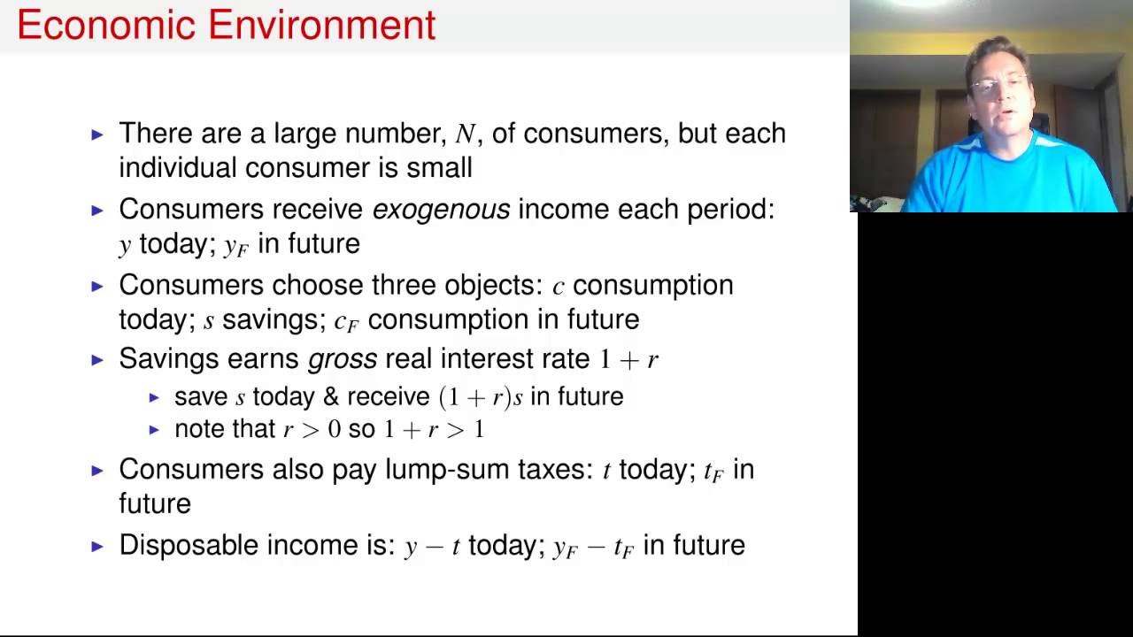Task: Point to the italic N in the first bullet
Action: pyautogui.click(x=465, y=134)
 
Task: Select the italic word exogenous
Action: pyautogui.click(x=441, y=210)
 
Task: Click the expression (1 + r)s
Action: pyautogui.click(x=481, y=397)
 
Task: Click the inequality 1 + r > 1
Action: pyautogui.click(x=434, y=430)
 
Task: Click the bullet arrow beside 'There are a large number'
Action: pyautogui.click(x=97, y=134)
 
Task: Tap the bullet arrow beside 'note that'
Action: pyautogui.click(x=154, y=430)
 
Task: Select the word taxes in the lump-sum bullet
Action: pyautogui.click(x=554, y=470)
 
